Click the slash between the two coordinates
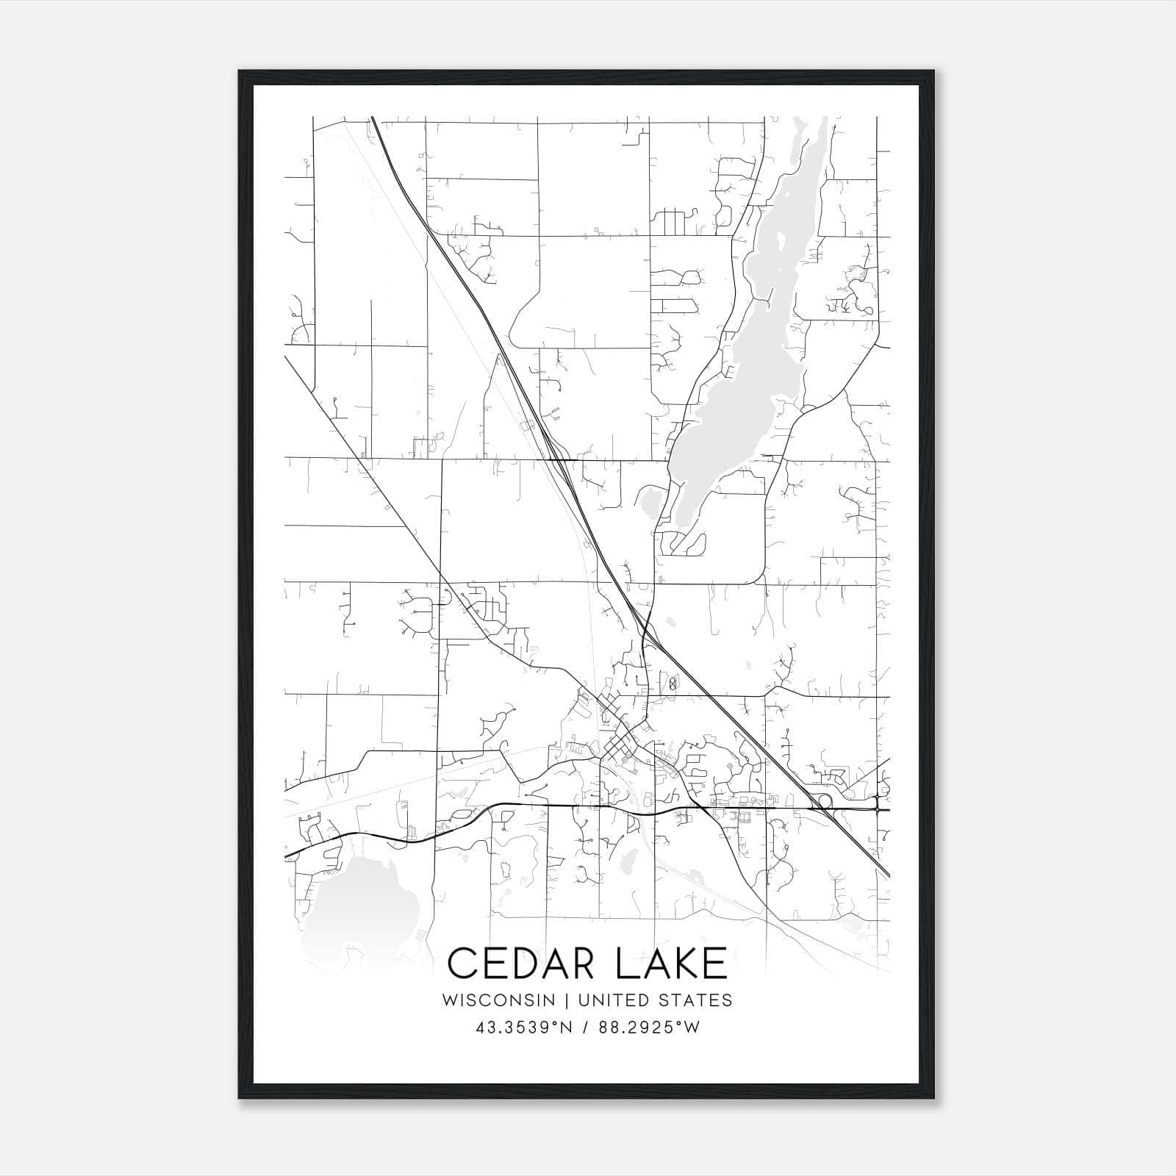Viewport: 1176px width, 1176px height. point(586,1028)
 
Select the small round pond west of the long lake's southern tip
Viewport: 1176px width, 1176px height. point(650,504)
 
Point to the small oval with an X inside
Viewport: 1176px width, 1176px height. point(672,684)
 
